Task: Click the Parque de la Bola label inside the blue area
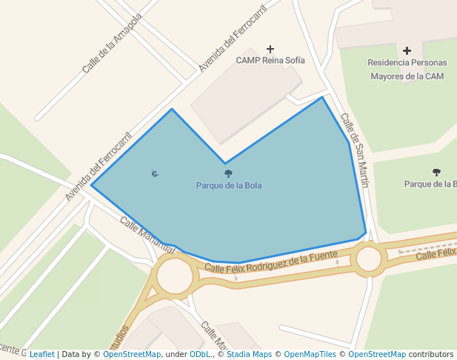(x=228, y=185)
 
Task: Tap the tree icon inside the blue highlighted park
(x=228, y=173)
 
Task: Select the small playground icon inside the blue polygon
(x=154, y=173)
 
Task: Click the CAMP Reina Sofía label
(x=270, y=60)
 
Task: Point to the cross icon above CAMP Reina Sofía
(x=270, y=48)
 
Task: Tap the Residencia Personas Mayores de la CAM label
(x=407, y=69)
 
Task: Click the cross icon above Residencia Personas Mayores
(x=407, y=50)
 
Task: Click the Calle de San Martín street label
(x=354, y=149)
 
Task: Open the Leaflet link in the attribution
(x=42, y=354)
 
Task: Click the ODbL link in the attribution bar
(x=200, y=354)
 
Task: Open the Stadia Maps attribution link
(x=249, y=354)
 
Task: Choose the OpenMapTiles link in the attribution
(x=311, y=354)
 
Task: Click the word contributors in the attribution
(x=431, y=354)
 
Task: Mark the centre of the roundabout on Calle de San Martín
(x=369, y=259)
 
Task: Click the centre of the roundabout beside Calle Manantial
(x=175, y=277)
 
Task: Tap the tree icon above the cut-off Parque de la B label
(x=436, y=172)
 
